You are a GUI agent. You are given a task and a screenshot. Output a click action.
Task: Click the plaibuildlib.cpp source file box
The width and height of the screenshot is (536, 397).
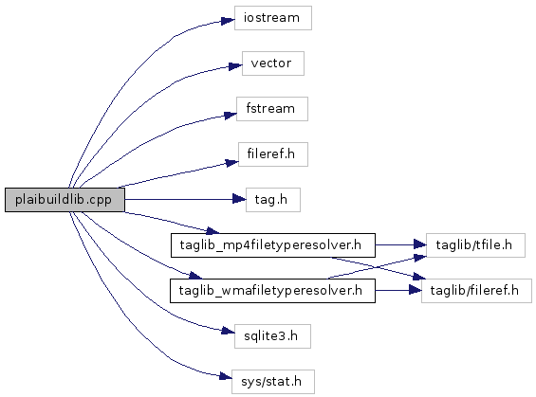click(x=65, y=200)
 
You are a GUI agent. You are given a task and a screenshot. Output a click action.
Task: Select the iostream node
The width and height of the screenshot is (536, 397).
click(x=273, y=18)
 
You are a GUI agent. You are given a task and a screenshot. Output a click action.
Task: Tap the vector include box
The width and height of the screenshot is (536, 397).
click(x=273, y=63)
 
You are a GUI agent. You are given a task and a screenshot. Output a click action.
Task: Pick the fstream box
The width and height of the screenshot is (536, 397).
click(x=271, y=109)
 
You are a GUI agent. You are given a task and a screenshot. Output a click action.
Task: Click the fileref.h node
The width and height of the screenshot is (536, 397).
click(x=273, y=154)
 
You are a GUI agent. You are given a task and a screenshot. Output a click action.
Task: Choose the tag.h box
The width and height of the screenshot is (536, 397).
click(x=273, y=200)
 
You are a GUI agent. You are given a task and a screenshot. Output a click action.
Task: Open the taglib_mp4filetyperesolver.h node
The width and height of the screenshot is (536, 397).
click(x=273, y=245)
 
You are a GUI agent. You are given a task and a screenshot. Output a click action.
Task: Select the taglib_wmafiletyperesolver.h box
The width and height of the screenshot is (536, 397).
click(x=272, y=291)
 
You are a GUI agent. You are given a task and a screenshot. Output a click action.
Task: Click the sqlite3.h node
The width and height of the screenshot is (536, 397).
click(x=272, y=336)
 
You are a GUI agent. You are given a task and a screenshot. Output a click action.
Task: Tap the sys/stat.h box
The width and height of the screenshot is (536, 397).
click(x=273, y=382)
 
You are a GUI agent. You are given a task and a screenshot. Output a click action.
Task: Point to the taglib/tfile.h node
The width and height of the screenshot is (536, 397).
click(x=475, y=245)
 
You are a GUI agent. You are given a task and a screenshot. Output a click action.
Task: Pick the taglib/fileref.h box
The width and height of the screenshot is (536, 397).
click(x=476, y=291)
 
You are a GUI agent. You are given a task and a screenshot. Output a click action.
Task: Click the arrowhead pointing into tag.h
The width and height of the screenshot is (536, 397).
click(x=239, y=199)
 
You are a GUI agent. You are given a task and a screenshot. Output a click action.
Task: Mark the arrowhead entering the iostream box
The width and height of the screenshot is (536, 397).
click(x=228, y=21)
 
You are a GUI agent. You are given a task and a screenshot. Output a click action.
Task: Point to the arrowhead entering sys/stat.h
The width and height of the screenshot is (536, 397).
click(x=225, y=376)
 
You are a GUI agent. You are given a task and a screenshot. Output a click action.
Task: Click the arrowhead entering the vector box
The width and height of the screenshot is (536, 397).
click(x=235, y=66)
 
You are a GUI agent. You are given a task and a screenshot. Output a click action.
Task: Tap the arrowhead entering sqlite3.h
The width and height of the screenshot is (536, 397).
click(x=228, y=331)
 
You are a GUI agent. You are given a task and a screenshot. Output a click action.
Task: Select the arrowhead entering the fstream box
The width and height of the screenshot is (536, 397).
click(x=231, y=115)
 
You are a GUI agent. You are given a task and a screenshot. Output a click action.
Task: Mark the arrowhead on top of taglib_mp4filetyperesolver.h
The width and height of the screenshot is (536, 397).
click(x=213, y=231)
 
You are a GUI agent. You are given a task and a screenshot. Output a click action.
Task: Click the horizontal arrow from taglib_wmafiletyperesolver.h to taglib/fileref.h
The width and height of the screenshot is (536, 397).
click(x=398, y=291)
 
